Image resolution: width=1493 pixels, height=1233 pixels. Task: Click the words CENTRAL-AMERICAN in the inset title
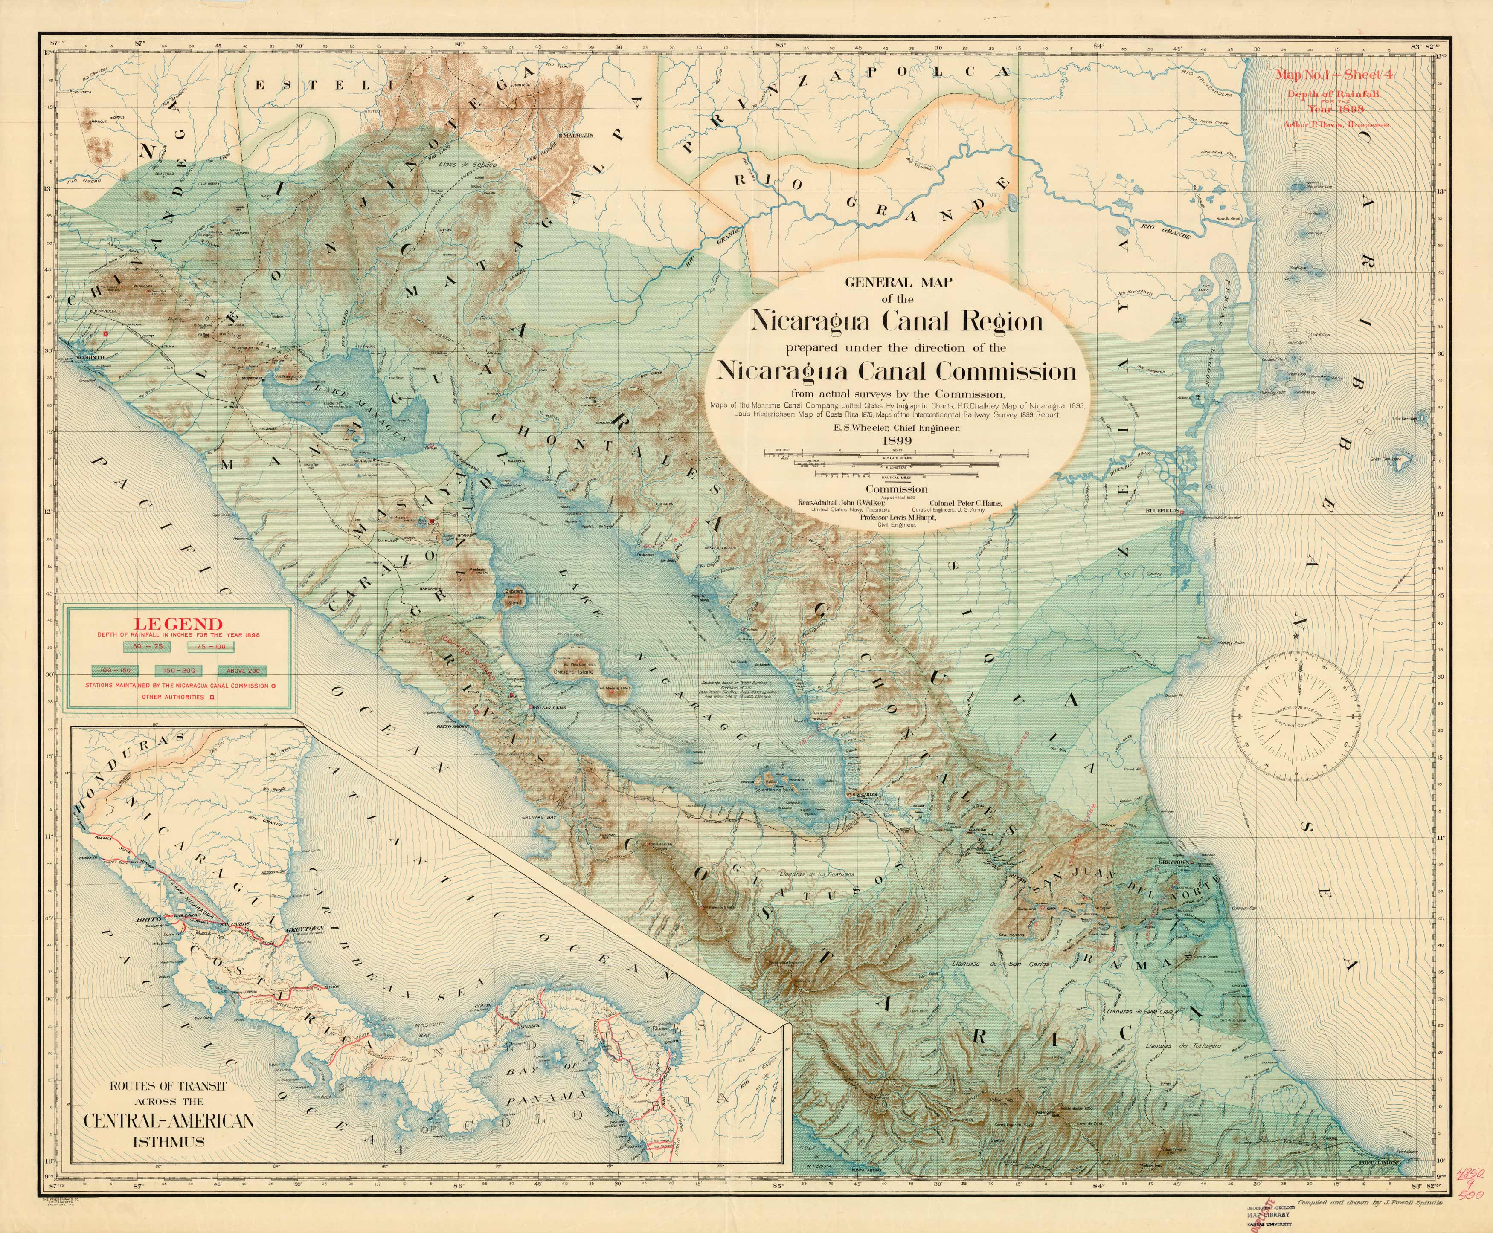click(x=168, y=1121)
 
